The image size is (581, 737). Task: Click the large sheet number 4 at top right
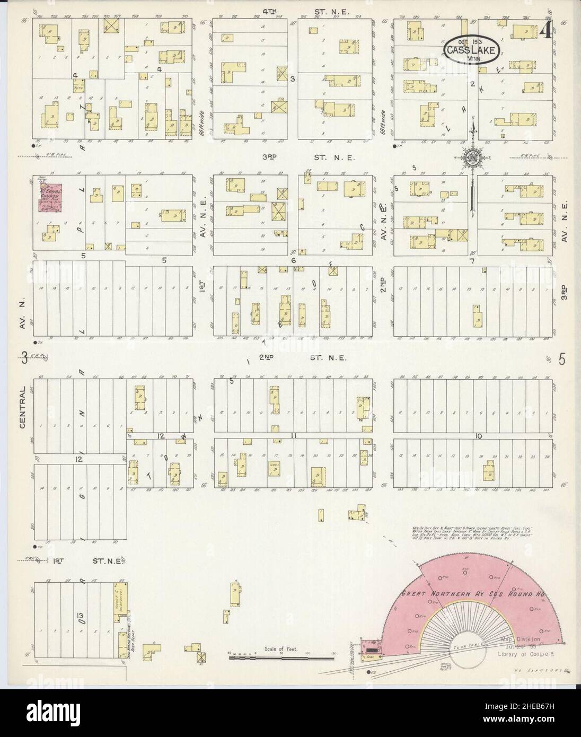tap(544, 33)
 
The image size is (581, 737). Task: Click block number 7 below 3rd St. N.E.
tap(471, 261)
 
